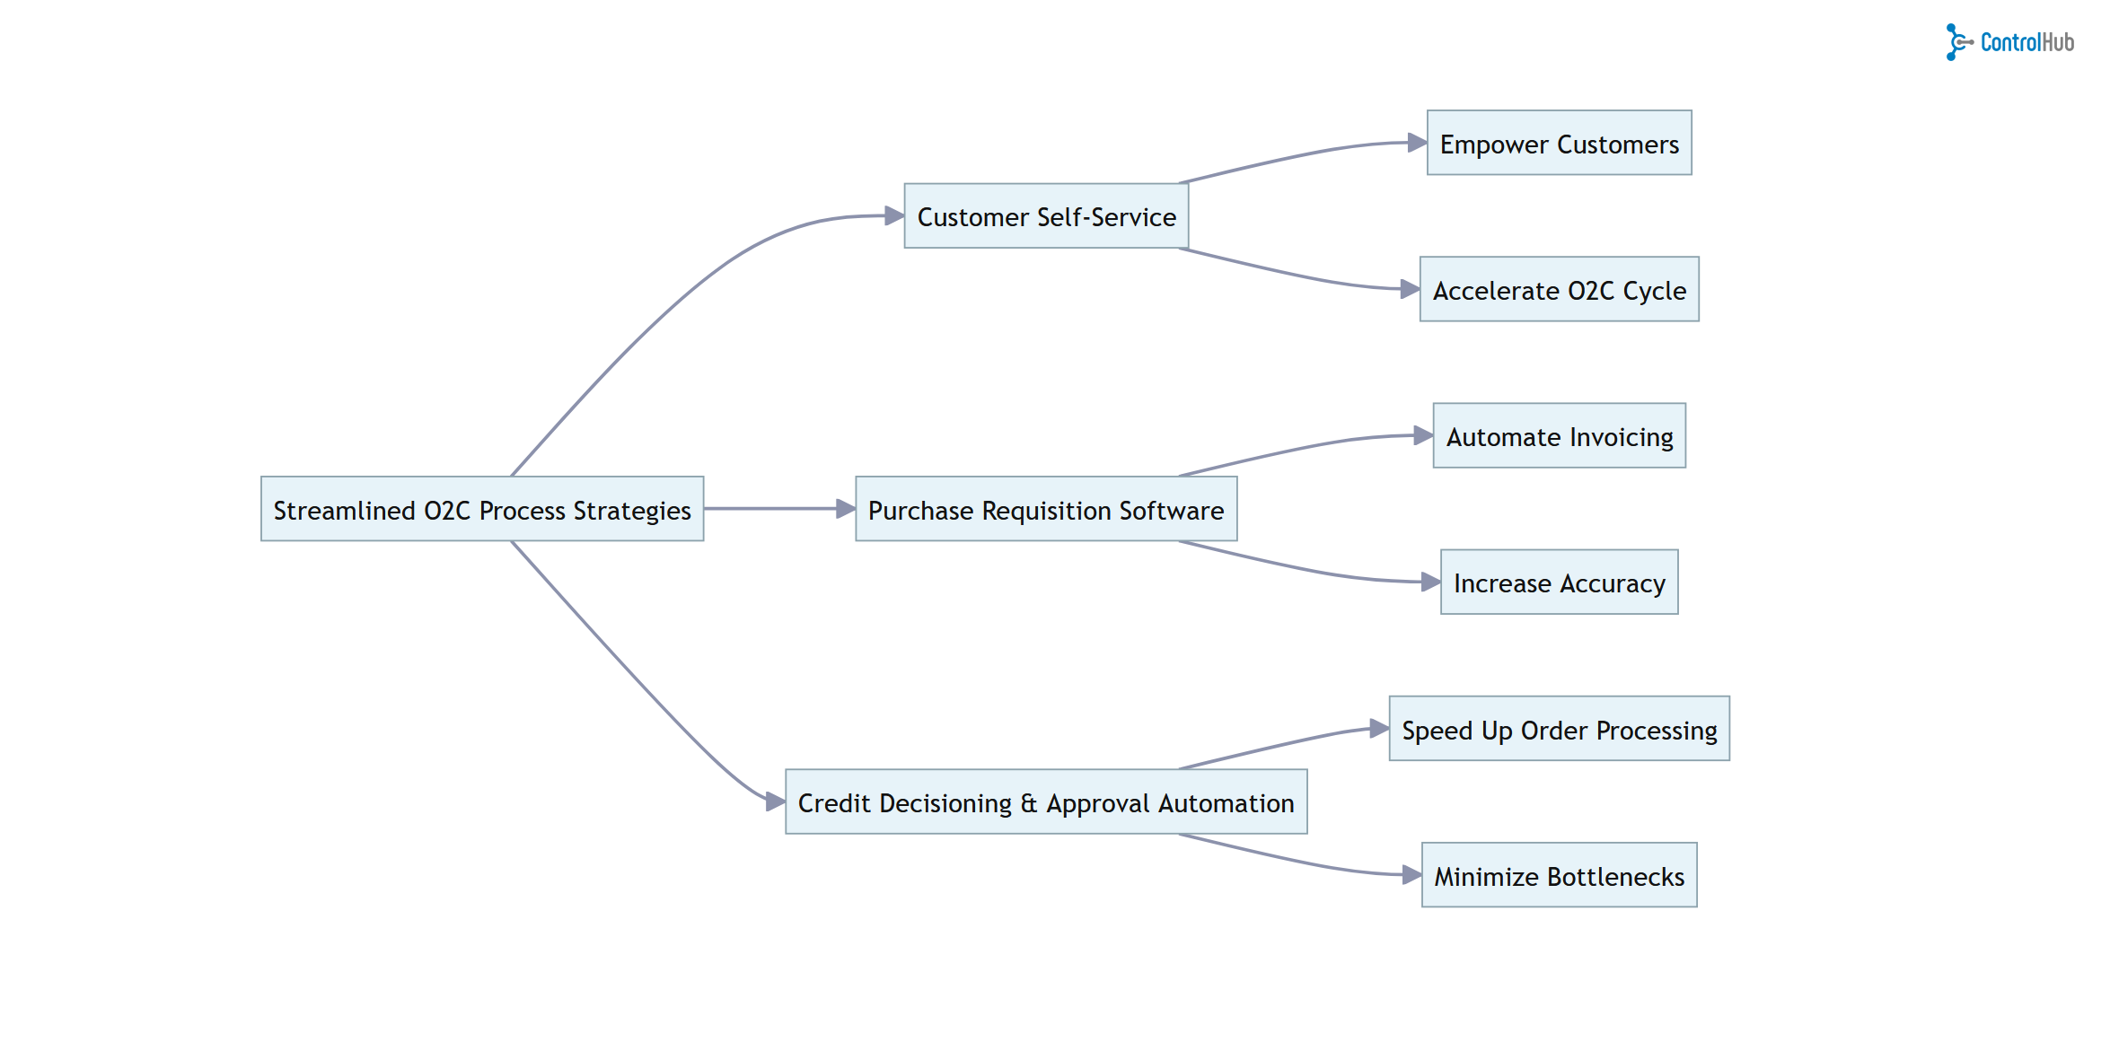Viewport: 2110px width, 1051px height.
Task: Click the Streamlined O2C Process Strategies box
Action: pyautogui.click(x=482, y=509)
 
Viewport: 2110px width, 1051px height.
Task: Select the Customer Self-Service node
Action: pyautogui.click(x=1046, y=216)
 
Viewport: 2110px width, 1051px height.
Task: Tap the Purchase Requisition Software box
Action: pyautogui.click(x=1046, y=509)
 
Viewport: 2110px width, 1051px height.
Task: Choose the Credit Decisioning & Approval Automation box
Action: pyautogui.click(x=1046, y=801)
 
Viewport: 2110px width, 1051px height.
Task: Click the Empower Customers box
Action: pyautogui.click(x=1559, y=143)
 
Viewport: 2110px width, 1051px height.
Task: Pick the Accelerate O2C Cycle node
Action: pyautogui.click(x=1559, y=289)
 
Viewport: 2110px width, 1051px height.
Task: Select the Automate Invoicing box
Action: pyautogui.click(x=1559, y=435)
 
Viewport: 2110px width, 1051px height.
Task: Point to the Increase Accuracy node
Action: pyautogui.click(x=1559, y=582)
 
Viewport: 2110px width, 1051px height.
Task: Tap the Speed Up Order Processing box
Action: pyautogui.click(x=1559, y=729)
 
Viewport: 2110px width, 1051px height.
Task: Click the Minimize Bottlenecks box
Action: pyautogui.click(x=1559, y=875)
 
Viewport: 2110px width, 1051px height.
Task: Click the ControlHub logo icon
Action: pyautogui.click(x=1957, y=42)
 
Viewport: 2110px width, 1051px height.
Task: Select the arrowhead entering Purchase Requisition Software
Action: pyautogui.click(x=845, y=509)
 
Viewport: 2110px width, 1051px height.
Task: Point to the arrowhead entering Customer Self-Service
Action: pyautogui.click(x=893, y=215)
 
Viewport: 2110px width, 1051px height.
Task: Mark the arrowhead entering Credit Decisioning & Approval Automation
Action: pyautogui.click(x=775, y=801)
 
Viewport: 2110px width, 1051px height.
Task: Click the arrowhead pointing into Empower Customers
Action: pyautogui.click(x=1417, y=142)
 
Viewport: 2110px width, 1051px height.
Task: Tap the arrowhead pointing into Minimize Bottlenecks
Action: pyautogui.click(x=1411, y=874)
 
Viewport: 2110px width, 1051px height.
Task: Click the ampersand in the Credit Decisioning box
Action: pyautogui.click(x=1029, y=803)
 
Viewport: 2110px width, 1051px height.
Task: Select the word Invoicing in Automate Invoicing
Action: pyautogui.click(x=1622, y=437)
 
